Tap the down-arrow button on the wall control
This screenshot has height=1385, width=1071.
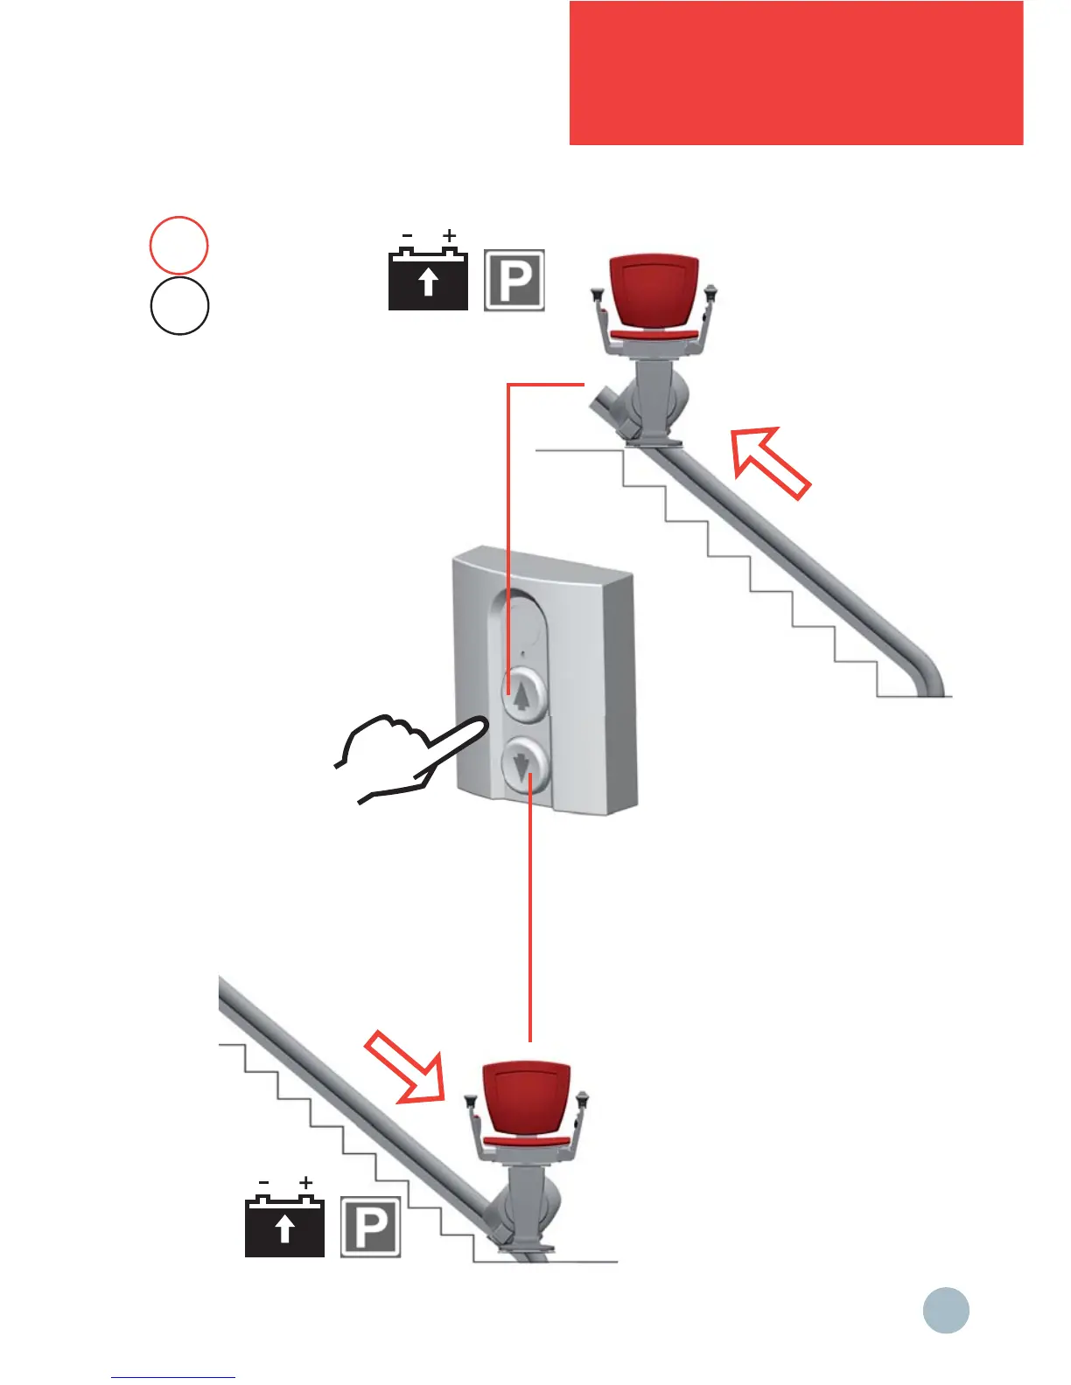tap(524, 766)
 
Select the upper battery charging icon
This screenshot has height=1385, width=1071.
tap(428, 280)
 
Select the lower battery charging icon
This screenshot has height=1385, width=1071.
tap(284, 1228)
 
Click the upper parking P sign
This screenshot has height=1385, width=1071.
tap(514, 280)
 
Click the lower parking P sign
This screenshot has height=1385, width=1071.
tap(370, 1227)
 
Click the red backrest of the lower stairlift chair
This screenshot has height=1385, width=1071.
tap(527, 1099)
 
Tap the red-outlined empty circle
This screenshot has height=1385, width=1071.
tap(179, 245)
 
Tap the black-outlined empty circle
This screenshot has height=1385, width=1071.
tap(179, 306)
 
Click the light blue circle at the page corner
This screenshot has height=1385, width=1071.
tap(946, 1310)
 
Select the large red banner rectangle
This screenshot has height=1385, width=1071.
tap(795, 73)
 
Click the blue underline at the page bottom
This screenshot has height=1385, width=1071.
tap(173, 1377)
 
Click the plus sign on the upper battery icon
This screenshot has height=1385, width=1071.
tap(449, 235)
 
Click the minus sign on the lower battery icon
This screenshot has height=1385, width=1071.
tap(263, 1183)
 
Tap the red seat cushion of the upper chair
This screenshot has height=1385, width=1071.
tap(654, 334)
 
